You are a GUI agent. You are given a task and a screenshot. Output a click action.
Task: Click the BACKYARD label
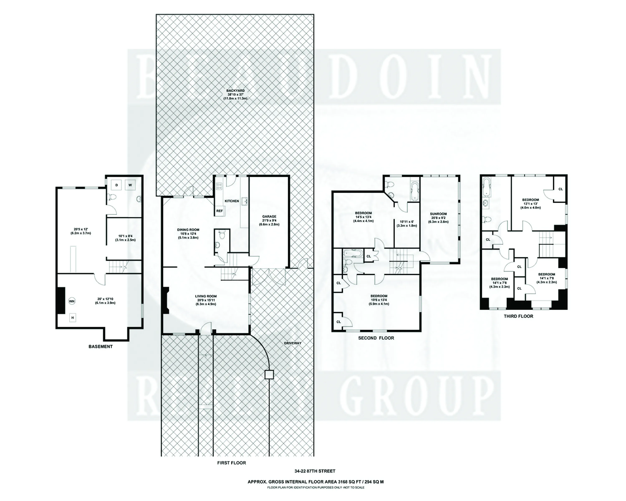(x=235, y=91)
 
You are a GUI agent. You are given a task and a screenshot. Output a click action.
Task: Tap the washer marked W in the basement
(x=130, y=185)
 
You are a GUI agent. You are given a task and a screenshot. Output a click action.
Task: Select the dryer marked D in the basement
(x=116, y=185)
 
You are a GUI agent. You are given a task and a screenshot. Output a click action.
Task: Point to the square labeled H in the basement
(x=73, y=318)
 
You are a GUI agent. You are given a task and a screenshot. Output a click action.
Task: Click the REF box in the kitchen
(x=220, y=211)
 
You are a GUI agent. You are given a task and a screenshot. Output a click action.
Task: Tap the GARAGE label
(x=269, y=216)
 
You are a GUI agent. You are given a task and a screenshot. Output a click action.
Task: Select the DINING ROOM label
(x=188, y=229)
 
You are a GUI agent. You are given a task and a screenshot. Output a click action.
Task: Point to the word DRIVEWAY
(x=293, y=343)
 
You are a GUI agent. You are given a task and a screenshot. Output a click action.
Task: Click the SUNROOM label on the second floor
(x=438, y=214)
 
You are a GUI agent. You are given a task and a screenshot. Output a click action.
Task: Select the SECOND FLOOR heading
(x=376, y=338)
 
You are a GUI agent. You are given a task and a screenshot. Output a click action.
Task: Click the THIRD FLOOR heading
(x=518, y=316)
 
